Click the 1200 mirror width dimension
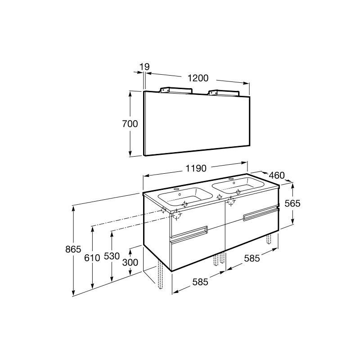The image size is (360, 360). click(x=198, y=78)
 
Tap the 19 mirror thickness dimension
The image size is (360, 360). click(x=144, y=67)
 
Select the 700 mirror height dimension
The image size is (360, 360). click(x=130, y=124)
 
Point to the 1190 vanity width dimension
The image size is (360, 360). click(x=196, y=168)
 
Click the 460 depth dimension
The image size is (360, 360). click(x=277, y=175)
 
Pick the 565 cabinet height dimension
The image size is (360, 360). click(x=292, y=203)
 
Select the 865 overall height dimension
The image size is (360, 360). click(x=73, y=249)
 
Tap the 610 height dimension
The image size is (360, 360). click(x=92, y=258)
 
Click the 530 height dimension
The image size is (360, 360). click(x=112, y=256)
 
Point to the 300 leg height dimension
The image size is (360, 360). click(x=130, y=262)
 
